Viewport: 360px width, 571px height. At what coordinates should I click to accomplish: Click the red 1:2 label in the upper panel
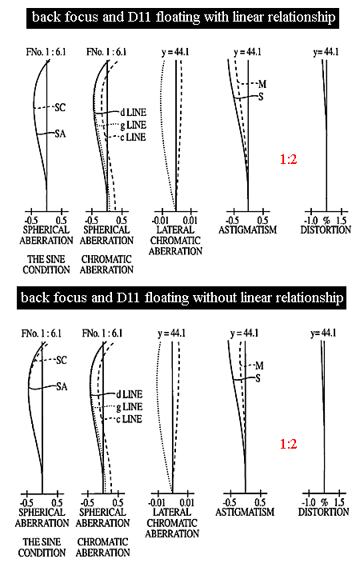(x=288, y=159)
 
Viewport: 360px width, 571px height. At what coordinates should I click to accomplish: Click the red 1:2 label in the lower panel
(x=288, y=444)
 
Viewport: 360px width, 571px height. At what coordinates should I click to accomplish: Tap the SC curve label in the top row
(x=60, y=107)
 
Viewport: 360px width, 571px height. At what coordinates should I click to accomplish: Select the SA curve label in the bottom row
(x=62, y=386)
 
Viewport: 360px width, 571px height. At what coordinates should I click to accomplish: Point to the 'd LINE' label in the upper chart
(x=134, y=113)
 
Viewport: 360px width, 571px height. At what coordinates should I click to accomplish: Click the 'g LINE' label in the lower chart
(x=130, y=407)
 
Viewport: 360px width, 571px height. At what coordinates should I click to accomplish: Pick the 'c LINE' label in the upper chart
(x=133, y=138)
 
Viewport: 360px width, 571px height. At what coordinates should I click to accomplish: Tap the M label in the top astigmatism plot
(x=262, y=84)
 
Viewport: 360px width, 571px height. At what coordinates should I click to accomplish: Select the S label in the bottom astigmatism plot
(x=258, y=378)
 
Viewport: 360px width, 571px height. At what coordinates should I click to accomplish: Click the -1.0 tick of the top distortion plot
(x=311, y=221)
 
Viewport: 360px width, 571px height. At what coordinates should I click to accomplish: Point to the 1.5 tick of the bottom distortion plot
(x=339, y=503)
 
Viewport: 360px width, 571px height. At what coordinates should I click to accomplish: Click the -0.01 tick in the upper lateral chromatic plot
(x=160, y=221)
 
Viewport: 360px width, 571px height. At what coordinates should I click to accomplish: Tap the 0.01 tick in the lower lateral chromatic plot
(x=187, y=503)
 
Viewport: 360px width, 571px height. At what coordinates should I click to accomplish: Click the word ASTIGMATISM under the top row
(x=248, y=230)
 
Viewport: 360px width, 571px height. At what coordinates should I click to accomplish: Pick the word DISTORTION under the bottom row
(x=323, y=512)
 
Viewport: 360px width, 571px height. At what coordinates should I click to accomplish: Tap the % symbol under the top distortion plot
(x=326, y=221)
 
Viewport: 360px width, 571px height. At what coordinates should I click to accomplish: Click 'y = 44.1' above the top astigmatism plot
(x=248, y=52)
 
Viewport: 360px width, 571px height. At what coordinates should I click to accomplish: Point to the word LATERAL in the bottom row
(x=172, y=512)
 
